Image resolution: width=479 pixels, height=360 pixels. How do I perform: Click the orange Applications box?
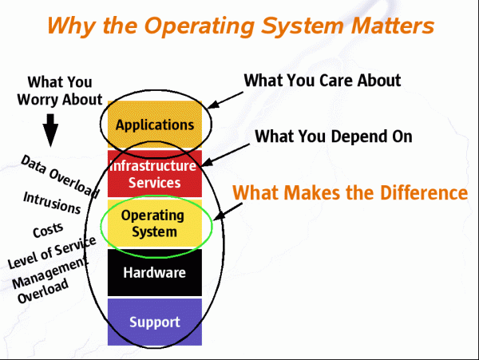(x=155, y=125)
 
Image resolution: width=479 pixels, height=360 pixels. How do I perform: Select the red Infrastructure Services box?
(x=155, y=173)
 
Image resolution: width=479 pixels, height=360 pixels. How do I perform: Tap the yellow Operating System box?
(x=155, y=224)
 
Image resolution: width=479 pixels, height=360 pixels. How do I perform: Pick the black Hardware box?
(x=155, y=272)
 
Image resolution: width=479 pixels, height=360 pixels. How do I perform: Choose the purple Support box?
(x=155, y=322)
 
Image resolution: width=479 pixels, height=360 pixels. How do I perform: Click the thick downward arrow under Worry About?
(x=50, y=130)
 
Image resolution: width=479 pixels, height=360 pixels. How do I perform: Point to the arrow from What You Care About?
(x=225, y=100)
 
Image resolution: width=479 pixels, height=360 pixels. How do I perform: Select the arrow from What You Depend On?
(x=225, y=155)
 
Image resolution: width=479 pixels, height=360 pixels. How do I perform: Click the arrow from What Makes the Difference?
(x=228, y=212)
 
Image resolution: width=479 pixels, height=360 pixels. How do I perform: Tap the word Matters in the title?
(x=393, y=26)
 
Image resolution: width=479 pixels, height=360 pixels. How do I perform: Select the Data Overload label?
(x=60, y=176)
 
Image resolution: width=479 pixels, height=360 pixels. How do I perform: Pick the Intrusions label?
(x=52, y=203)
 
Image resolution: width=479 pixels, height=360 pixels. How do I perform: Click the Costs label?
(x=48, y=230)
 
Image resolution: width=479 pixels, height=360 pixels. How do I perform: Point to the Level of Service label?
(x=52, y=252)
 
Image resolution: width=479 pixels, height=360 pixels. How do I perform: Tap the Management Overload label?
(x=49, y=281)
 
